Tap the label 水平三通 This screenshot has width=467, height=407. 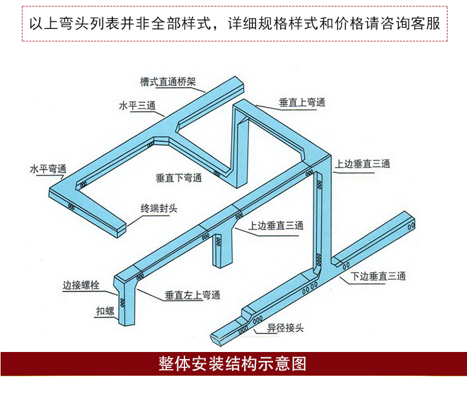tap(137, 106)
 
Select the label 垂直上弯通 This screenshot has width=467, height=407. tap(302, 102)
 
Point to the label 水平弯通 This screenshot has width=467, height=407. tap(48, 169)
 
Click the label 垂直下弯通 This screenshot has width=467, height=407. tap(179, 177)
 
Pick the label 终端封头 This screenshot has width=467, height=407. tap(159, 208)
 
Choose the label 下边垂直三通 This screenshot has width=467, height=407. tap(378, 276)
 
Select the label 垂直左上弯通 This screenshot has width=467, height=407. tap(193, 295)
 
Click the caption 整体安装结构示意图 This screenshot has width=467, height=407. tap(233, 363)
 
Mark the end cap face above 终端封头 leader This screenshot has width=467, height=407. tap(121, 230)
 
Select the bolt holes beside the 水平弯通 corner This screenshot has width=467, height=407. tap(82, 185)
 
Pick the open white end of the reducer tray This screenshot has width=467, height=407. tap(216, 339)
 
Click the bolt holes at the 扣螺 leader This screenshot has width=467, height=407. tap(123, 303)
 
